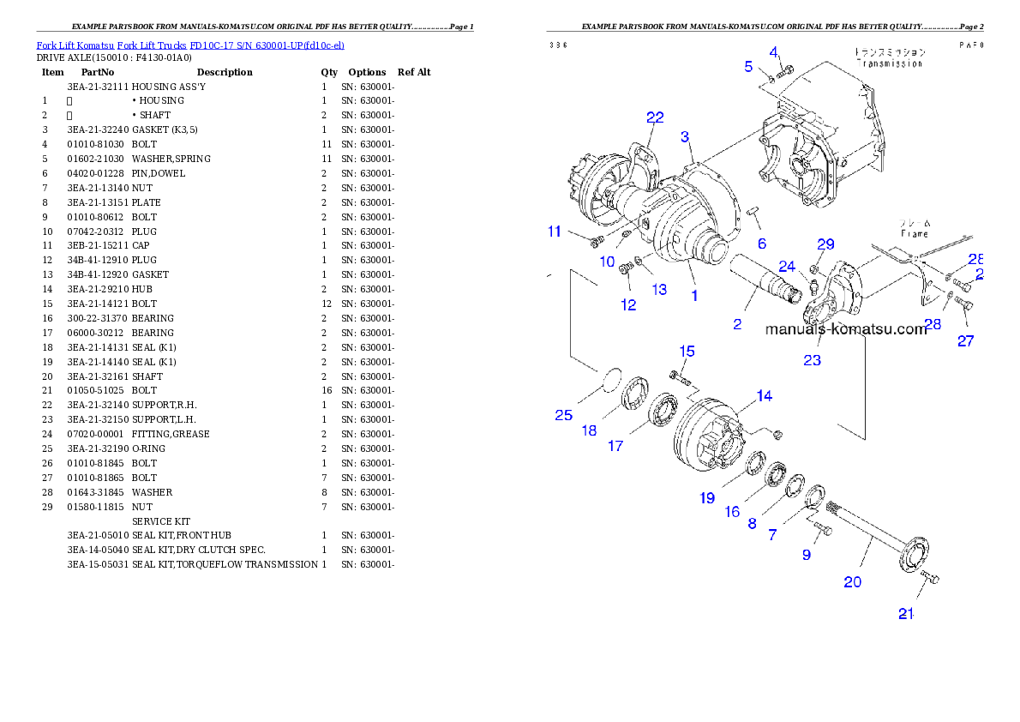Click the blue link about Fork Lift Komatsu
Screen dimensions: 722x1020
click(x=190, y=45)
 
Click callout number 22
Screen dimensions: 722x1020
click(x=655, y=117)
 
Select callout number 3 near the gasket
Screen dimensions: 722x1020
click(x=686, y=137)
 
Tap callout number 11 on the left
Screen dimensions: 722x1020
click(x=555, y=232)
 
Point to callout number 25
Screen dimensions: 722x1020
click(x=563, y=415)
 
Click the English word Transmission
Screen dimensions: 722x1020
click(x=891, y=63)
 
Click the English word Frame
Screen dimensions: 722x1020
click(x=914, y=233)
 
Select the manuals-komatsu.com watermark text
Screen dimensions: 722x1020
click(x=845, y=329)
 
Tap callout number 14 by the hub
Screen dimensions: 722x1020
click(x=764, y=395)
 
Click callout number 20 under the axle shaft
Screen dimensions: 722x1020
click(x=852, y=581)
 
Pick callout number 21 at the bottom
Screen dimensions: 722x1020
click(x=907, y=614)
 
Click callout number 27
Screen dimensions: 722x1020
click(x=966, y=340)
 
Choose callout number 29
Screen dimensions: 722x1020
click(x=825, y=244)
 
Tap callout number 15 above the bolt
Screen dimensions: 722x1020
click(x=687, y=352)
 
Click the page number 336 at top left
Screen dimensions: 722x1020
click(x=558, y=45)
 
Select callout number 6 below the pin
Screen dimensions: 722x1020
click(x=761, y=244)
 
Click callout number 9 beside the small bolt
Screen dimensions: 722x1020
click(x=806, y=555)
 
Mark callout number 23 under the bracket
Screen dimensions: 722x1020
click(x=812, y=360)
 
